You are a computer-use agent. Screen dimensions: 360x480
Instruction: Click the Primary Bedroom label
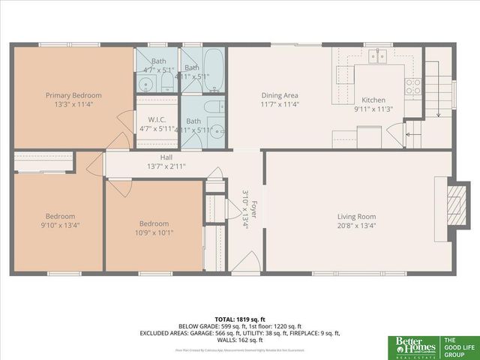pos(73,95)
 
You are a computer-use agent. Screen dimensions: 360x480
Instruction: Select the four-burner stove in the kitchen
pos(413,86)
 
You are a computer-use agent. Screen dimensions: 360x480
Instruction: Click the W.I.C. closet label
pos(157,119)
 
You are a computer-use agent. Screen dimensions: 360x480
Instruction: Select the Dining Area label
pos(280,95)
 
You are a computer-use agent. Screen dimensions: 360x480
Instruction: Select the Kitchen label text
pos(373,100)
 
